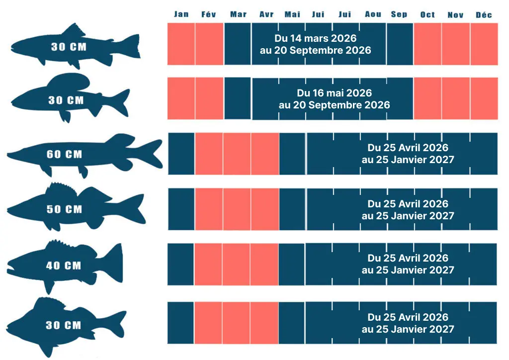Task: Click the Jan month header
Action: coord(181,14)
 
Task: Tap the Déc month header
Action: coord(484,14)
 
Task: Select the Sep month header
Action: coord(399,14)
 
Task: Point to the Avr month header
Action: coord(266,14)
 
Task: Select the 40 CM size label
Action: coord(64,266)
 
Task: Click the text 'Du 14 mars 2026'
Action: coord(315,38)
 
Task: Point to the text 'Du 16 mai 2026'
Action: coord(334,93)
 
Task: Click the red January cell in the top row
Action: coord(181,44)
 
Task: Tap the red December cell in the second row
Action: coord(484,98)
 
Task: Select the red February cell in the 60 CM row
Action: coord(208,154)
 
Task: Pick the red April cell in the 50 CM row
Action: coord(264,209)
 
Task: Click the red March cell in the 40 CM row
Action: coord(236,264)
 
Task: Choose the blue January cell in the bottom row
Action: coord(180,323)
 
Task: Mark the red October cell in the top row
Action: coord(427,44)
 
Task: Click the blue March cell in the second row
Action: coord(238,98)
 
